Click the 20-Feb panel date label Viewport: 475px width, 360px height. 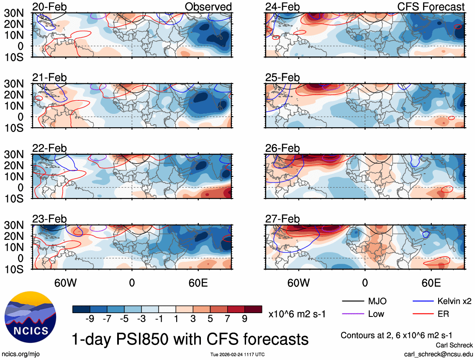click(x=49, y=7)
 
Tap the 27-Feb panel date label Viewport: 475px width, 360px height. click(x=282, y=219)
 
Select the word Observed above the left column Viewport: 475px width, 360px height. click(x=208, y=7)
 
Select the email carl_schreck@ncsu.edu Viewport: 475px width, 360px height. click(x=438, y=354)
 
